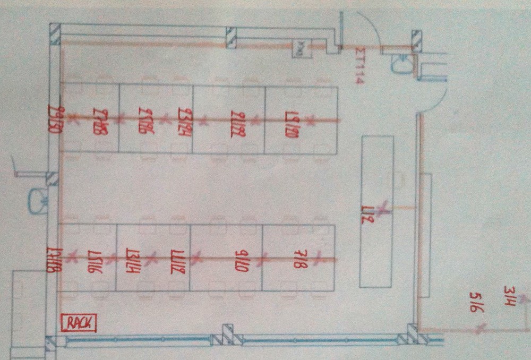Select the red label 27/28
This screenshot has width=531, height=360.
[100, 122]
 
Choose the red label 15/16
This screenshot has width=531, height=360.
[93, 260]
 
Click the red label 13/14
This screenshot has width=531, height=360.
[132, 260]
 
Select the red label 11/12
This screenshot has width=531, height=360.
[176, 260]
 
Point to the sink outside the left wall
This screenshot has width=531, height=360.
[38, 200]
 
